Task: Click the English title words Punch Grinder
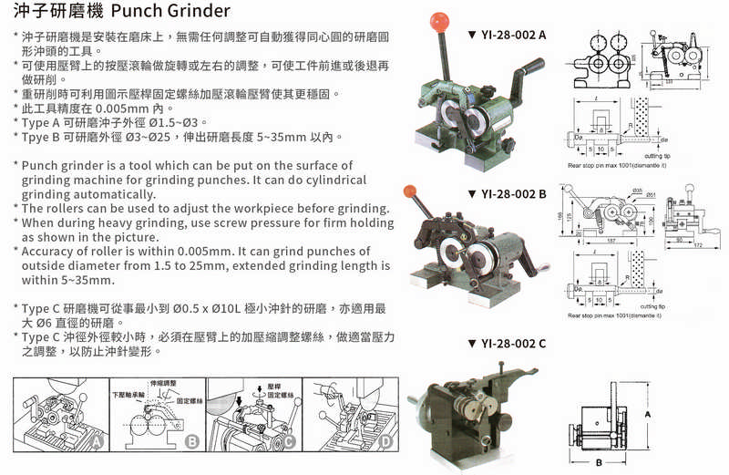[172, 12]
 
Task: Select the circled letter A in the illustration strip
[98, 440]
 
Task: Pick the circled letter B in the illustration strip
[190, 441]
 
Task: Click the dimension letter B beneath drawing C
[596, 464]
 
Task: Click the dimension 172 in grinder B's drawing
[699, 247]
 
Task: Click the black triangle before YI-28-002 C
[471, 343]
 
